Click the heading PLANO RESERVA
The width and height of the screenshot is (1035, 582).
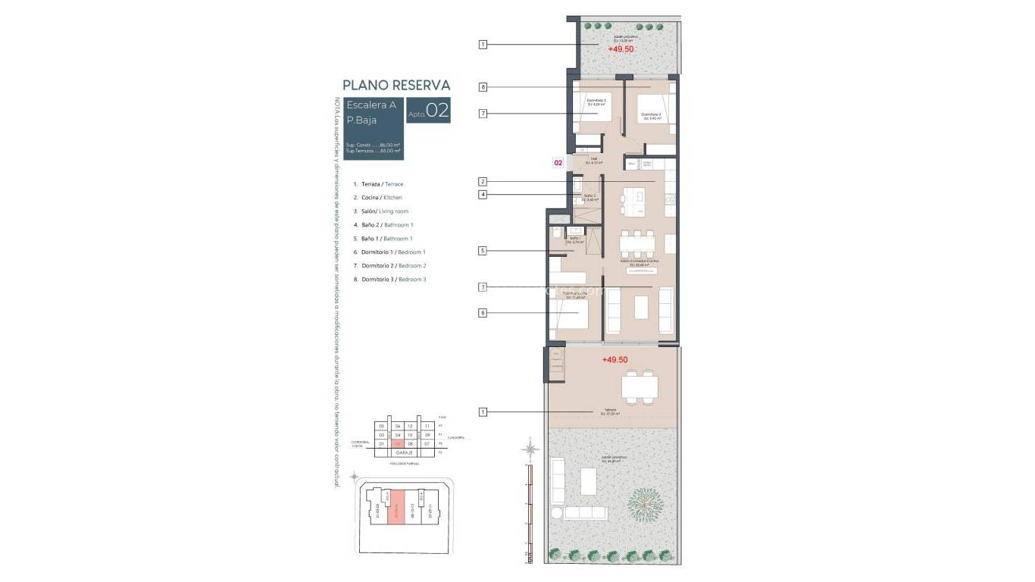[396, 86]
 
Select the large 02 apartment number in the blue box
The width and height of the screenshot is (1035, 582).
[437, 111]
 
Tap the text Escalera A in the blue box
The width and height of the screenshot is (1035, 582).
[371, 105]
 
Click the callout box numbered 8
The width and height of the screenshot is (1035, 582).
[483, 87]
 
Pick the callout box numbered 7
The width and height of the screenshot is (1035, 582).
[483, 114]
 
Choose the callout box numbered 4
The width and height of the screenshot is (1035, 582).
[483, 195]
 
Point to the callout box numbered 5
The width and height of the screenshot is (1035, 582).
[483, 251]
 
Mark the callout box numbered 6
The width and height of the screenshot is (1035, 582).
[483, 312]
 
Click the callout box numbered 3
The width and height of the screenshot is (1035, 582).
[483, 287]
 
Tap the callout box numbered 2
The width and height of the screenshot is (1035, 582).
[483, 182]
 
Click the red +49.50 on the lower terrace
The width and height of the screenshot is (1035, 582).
[615, 361]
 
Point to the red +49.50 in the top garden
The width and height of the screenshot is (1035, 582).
[621, 49]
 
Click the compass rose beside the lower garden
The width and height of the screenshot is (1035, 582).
[530, 449]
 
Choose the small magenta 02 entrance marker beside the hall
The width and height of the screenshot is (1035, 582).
[558, 162]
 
